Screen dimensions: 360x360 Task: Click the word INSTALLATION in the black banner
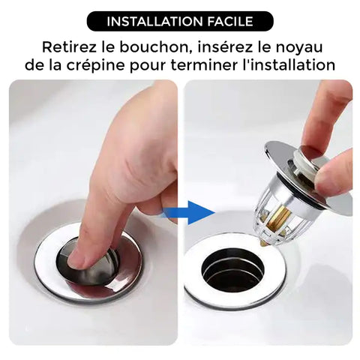click(155, 22)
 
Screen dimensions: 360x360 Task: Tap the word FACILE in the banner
click(230, 22)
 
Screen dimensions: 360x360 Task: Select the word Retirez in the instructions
click(69, 47)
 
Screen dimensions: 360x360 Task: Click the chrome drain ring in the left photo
click(88, 298)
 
